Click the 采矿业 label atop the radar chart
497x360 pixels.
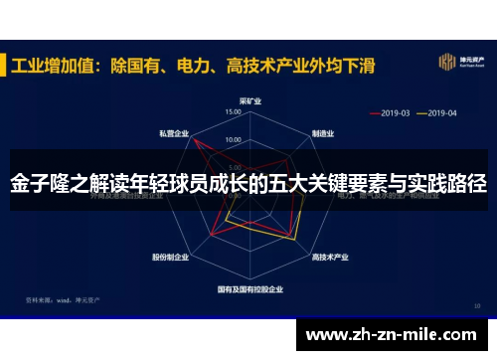(x=249, y=100)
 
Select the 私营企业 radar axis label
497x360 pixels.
(x=174, y=133)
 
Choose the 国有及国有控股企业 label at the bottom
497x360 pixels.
(x=250, y=289)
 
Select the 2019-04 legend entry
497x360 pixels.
(x=438, y=112)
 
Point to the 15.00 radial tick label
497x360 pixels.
(x=234, y=113)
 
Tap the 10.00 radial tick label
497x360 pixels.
(x=234, y=139)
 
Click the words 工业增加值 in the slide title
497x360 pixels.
(x=54, y=65)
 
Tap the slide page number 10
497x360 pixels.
(x=477, y=304)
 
